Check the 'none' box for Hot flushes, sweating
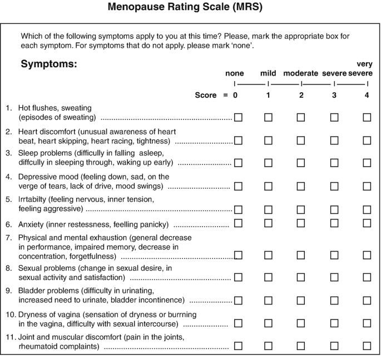click(238, 118)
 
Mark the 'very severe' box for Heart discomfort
click(367, 141)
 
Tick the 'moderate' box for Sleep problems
click(301, 163)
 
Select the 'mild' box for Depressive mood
click(269, 187)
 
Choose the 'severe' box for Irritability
click(334, 209)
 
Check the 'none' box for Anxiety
click(238, 223)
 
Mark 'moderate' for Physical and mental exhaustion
click(301, 256)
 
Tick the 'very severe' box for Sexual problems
click(367, 277)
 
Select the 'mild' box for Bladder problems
click(269, 301)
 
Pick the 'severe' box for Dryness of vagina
click(334, 323)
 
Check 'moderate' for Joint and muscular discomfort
click(301, 346)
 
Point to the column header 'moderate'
click(301, 73)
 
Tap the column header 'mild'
click(269, 73)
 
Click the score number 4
click(366, 95)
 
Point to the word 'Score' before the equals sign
click(206, 95)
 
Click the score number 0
click(235, 95)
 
